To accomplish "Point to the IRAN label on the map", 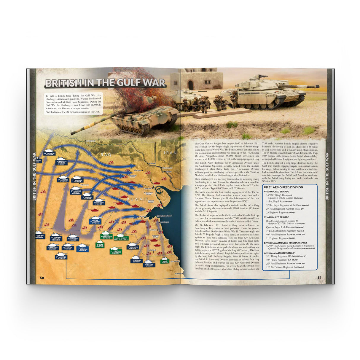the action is (x=170, y=152).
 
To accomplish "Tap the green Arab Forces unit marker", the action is (x=165, y=261).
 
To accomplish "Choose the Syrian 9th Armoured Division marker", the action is (x=116, y=251).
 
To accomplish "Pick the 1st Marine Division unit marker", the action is (x=149, y=264).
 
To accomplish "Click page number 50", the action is (x=42, y=278).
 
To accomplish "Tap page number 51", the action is (x=319, y=278).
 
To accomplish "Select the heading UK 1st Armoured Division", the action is (x=283, y=187).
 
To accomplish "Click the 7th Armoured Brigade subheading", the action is (x=276, y=217).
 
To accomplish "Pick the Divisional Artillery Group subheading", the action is (x=279, y=253).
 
